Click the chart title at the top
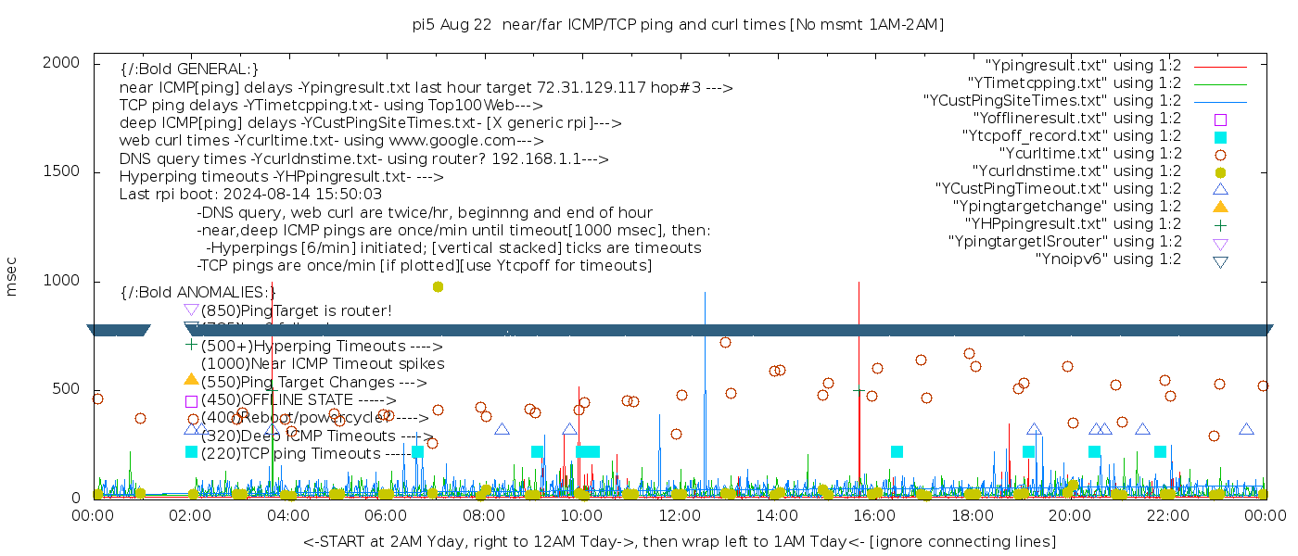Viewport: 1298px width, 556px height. tap(678, 25)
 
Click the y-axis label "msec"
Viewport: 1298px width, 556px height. tap(12, 278)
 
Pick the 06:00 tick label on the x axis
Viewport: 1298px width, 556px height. tap(386, 515)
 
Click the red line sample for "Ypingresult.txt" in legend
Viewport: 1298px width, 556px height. tap(1220, 67)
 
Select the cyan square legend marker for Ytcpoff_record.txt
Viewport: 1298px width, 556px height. tap(1220, 136)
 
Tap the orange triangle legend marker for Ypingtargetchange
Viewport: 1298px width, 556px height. tap(1220, 206)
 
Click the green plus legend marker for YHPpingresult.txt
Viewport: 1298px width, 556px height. tap(1220, 224)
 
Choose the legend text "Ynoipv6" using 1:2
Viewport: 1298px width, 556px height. tap(1108, 259)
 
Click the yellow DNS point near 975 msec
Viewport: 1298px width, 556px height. tap(438, 286)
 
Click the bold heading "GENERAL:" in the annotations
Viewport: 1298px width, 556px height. tap(189, 69)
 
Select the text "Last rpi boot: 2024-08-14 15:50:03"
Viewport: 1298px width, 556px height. tap(250, 194)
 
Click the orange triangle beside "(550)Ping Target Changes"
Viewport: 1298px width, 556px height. tap(191, 379)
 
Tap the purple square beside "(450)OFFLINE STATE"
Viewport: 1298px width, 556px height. tap(191, 400)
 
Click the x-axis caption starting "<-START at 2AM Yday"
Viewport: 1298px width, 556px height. tap(679, 541)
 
